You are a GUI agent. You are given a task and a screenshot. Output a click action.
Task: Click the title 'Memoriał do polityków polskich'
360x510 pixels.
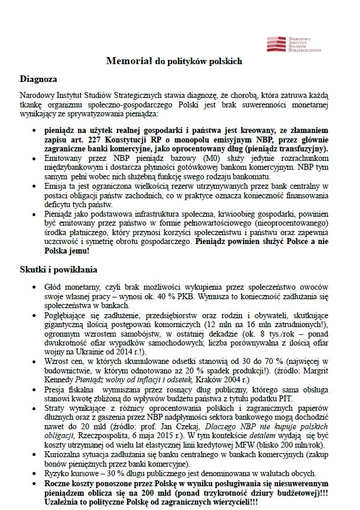(x=173, y=61)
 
